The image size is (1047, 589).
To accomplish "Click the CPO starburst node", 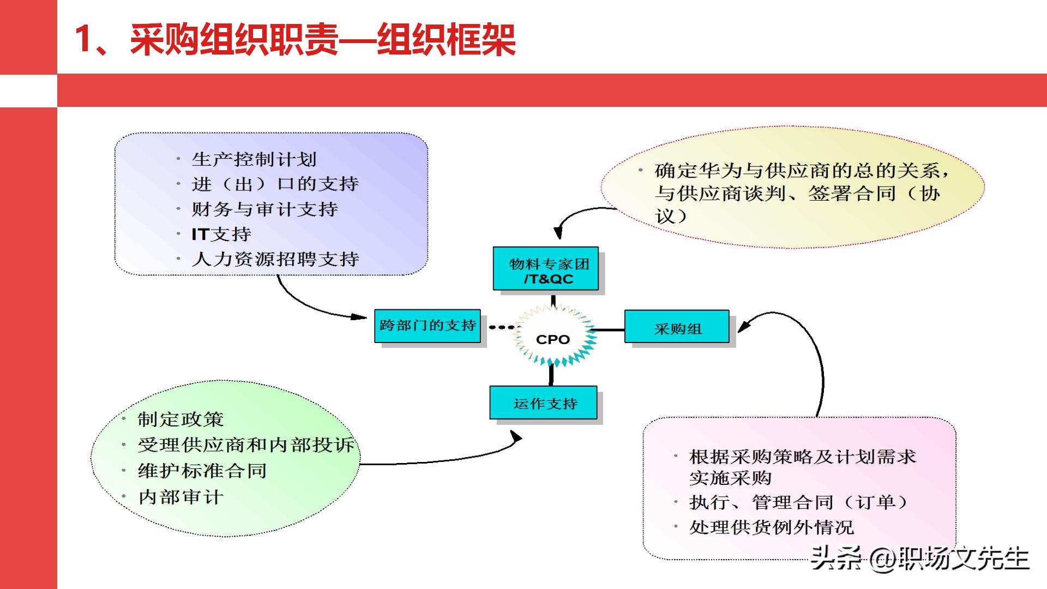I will (553, 339).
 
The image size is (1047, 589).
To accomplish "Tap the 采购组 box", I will (677, 327).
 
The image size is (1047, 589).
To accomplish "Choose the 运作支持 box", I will (543, 403).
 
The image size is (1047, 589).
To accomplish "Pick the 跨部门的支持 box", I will (427, 326).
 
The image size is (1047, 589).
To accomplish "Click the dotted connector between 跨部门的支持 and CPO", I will (501, 327).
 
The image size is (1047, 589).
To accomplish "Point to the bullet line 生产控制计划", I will (254, 159).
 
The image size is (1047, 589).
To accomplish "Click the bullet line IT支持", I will (221, 234).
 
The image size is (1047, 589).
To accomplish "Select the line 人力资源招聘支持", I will (275, 259).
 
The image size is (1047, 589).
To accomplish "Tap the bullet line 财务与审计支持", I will (264, 209).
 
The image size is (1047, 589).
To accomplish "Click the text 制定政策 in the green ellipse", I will (180, 419).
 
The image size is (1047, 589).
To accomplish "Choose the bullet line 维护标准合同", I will (202, 470).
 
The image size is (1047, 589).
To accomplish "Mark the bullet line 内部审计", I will (180, 496).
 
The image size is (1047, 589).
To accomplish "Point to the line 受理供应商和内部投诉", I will (245, 444).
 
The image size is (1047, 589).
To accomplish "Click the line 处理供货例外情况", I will (771, 527).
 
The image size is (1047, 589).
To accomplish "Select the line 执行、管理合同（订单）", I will (798, 502).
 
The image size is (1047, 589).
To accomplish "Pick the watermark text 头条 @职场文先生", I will (919, 557).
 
